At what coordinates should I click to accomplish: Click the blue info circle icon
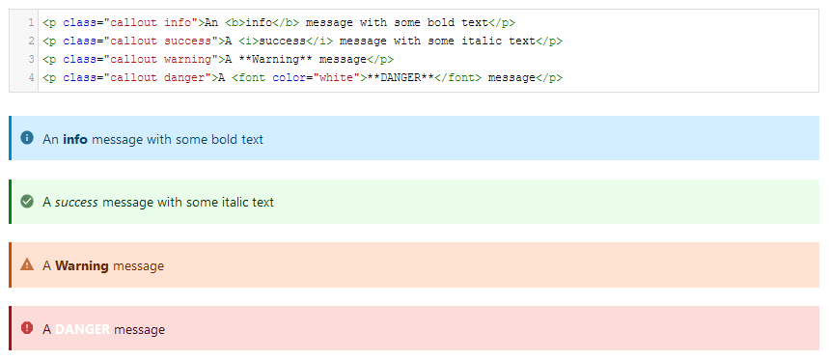[27, 138]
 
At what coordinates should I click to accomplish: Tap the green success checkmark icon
[27, 202]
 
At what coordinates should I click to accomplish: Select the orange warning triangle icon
[27, 264]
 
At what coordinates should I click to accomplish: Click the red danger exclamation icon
[27, 328]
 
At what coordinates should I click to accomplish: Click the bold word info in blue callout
[75, 139]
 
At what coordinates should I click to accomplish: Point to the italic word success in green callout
[76, 203]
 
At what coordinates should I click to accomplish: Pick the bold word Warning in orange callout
[82, 265]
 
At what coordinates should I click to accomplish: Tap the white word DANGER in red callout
[82, 329]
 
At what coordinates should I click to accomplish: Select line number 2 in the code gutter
[32, 41]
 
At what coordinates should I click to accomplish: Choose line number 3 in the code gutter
[32, 59]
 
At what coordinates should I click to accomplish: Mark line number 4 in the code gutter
[32, 77]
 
